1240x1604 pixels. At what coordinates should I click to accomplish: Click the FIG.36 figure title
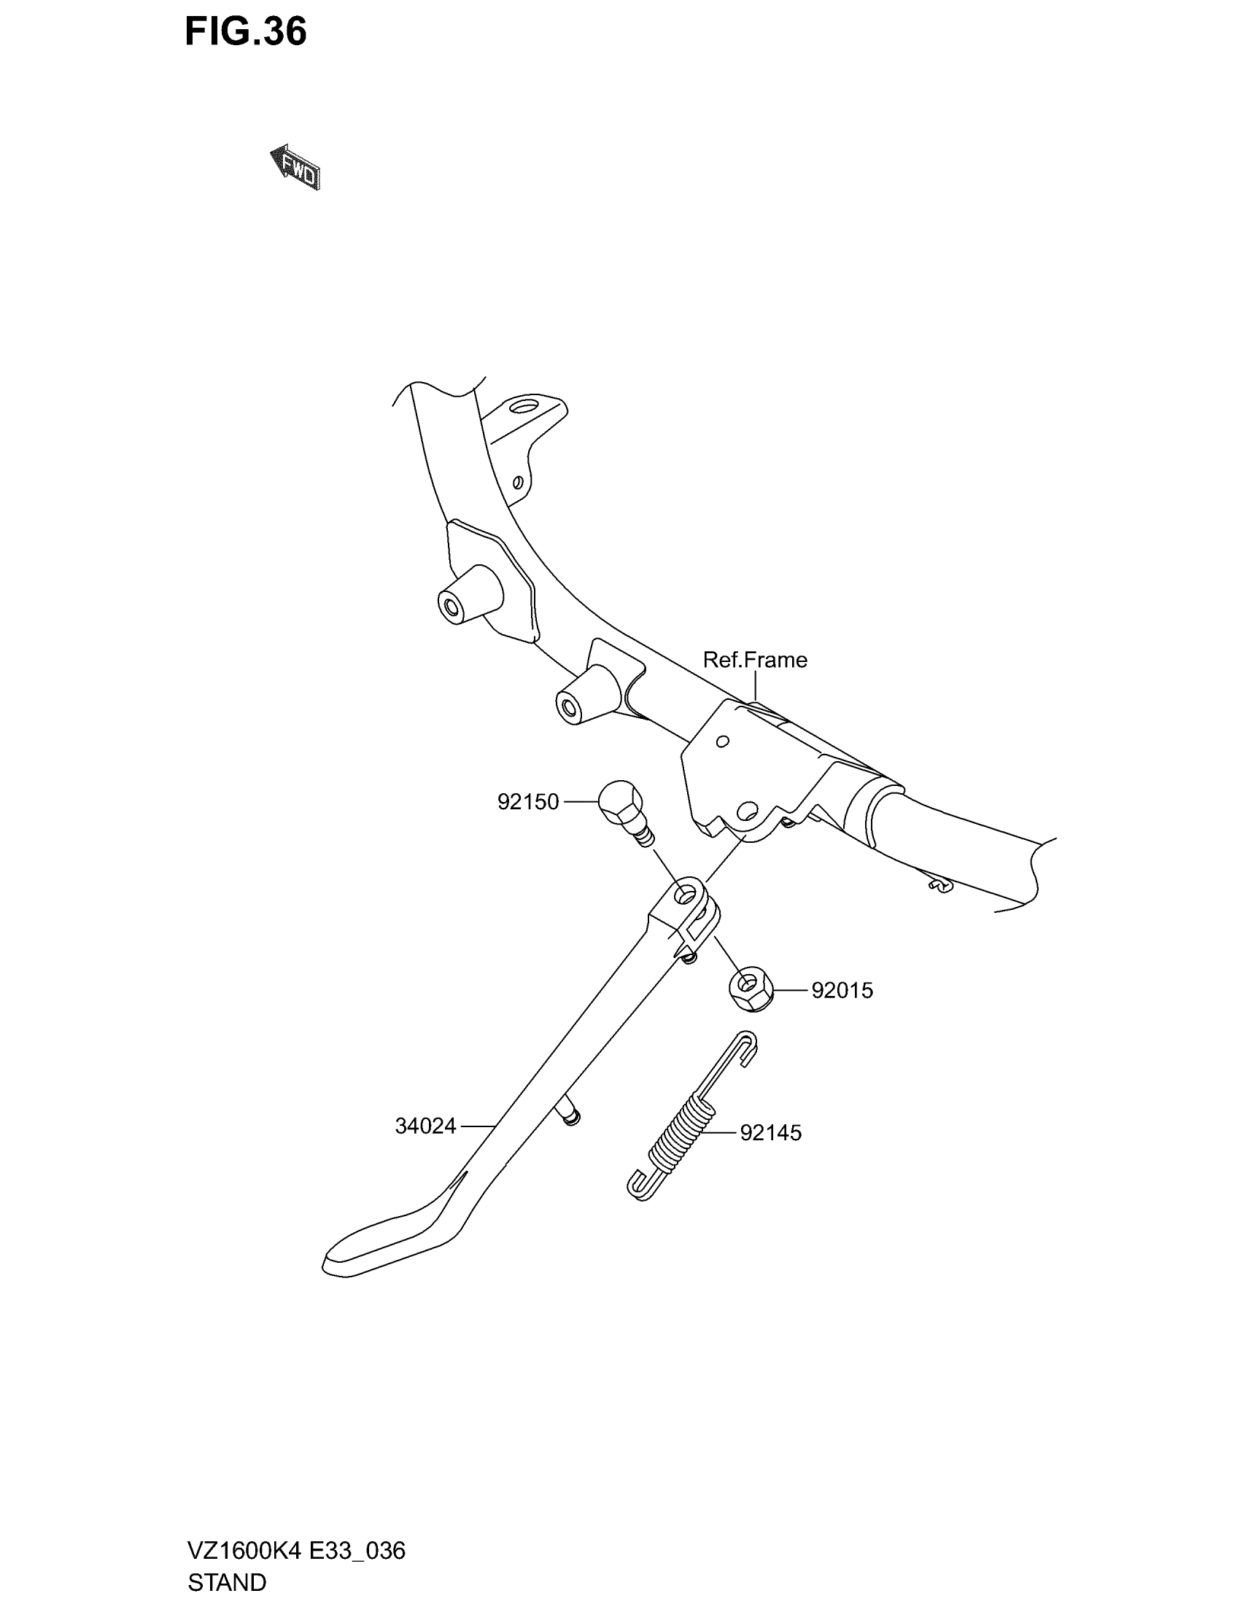(x=245, y=32)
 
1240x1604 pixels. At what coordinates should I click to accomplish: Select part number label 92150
(x=527, y=801)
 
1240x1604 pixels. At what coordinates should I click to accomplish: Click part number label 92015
(x=842, y=991)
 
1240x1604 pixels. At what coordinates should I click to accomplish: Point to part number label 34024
(x=425, y=1126)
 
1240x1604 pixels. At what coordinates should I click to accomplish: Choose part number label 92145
(x=770, y=1132)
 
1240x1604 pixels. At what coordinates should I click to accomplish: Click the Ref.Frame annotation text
(x=754, y=660)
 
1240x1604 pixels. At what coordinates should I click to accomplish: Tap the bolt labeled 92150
(x=621, y=808)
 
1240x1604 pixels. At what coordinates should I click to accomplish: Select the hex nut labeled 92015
(x=748, y=988)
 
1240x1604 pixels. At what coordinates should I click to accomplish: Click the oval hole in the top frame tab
(x=527, y=405)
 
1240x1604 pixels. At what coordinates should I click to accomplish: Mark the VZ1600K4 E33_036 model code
(x=296, y=1551)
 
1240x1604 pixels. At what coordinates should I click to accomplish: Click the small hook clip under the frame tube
(x=939, y=887)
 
